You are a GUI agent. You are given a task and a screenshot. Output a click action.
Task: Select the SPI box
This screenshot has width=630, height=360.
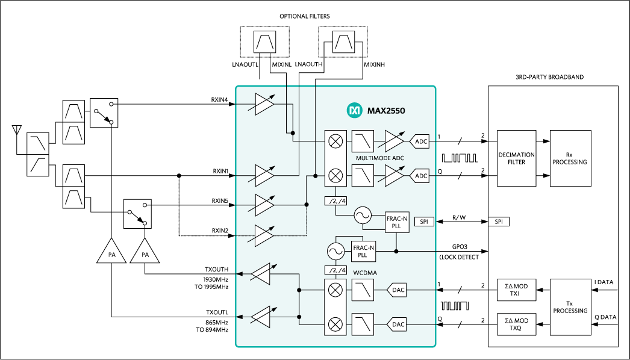pyautogui.click(x=424, y=222)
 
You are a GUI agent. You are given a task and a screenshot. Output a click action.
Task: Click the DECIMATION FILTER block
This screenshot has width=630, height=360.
pyautogui.click(x=516, y=158)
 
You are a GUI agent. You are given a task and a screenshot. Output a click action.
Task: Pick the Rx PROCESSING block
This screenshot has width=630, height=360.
pyautogui.click(x=570, y=158)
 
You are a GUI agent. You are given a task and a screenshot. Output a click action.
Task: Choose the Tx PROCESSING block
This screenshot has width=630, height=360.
pyautogui.click(x=570, y=307)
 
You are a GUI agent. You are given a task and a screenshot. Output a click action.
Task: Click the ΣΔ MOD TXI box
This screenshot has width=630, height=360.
pyautogui.click(x=516, y=290)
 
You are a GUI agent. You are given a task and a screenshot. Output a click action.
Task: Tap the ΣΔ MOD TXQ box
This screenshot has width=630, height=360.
pyautogui.click(x=516, y=324)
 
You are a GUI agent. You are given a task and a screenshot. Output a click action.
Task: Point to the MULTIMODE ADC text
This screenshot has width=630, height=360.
pyautogui.click(x=379, y=158)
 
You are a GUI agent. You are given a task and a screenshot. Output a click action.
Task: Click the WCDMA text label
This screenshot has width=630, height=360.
pyautogui.click(x=365, y=273)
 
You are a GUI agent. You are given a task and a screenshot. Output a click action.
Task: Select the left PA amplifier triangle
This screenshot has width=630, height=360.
pyautogui.click(x=111, y=252)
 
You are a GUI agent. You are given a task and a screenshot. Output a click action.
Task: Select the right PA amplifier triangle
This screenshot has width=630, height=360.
pyautogui.click(x=145, y=252)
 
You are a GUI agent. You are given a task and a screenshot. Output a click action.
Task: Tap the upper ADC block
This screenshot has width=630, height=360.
pyautogui.click(x=421, y=142)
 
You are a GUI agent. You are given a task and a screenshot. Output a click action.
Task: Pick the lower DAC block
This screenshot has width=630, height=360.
pyautogui.click(x=398, y=324)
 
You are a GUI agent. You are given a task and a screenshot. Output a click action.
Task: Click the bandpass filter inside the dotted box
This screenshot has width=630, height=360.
pyautogui.click(x=265, y=42)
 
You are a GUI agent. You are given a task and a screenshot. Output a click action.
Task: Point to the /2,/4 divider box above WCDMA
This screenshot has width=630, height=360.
pyautogui.click(x=335, y=270)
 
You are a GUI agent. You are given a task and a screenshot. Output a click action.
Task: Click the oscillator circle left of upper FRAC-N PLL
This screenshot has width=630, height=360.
pyautogui.click(x=363, y=216)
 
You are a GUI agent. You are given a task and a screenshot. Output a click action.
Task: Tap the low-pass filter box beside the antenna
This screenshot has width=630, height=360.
pyautogui.click(x=37, y=143)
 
